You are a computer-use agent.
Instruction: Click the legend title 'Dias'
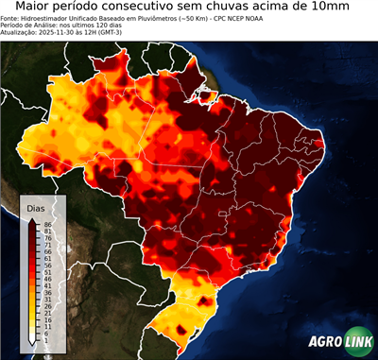point(35,207)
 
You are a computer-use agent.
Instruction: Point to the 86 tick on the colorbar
point(46,223)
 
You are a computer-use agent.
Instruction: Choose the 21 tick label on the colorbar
point(46,311)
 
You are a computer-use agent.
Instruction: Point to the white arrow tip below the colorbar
point(32,346)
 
